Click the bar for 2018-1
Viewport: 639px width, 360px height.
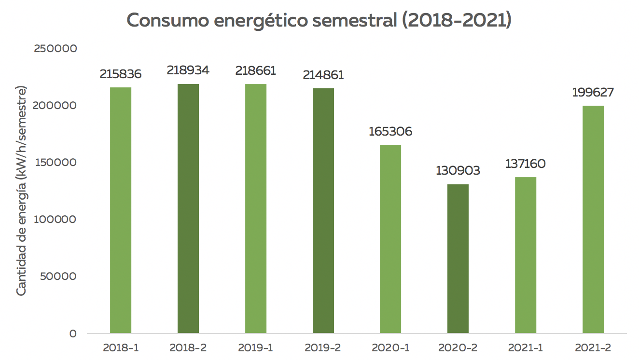tap(121, 210)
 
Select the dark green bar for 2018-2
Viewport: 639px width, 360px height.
tap(188, 208)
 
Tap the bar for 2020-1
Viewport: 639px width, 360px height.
tap(390, 239)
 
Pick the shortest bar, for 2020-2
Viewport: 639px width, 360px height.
tap(458, 259)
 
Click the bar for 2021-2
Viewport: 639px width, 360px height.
tap(593, 220)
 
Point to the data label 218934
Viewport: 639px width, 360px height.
tap(188, 70)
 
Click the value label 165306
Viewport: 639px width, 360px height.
tap(390, 132)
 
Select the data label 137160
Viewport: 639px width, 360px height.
tap(526, 164)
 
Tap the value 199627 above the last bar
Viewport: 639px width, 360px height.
tap(593, 93)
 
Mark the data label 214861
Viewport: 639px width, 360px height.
tap(323, 75)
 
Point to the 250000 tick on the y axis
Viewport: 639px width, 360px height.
tap(56, 48)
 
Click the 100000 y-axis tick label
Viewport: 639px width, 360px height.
tap(55, 220)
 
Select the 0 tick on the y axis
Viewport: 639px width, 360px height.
tap(73, 333)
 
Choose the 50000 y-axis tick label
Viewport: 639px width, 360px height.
tap(58, 276)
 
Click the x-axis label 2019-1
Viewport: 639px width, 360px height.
tap(256, 348)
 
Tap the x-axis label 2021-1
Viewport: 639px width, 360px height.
tap(526, 348)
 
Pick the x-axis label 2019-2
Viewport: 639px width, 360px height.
tap(323, 348)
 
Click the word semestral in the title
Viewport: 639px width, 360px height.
tap(355, 21)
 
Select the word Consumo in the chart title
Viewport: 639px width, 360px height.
tap(168, 21)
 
